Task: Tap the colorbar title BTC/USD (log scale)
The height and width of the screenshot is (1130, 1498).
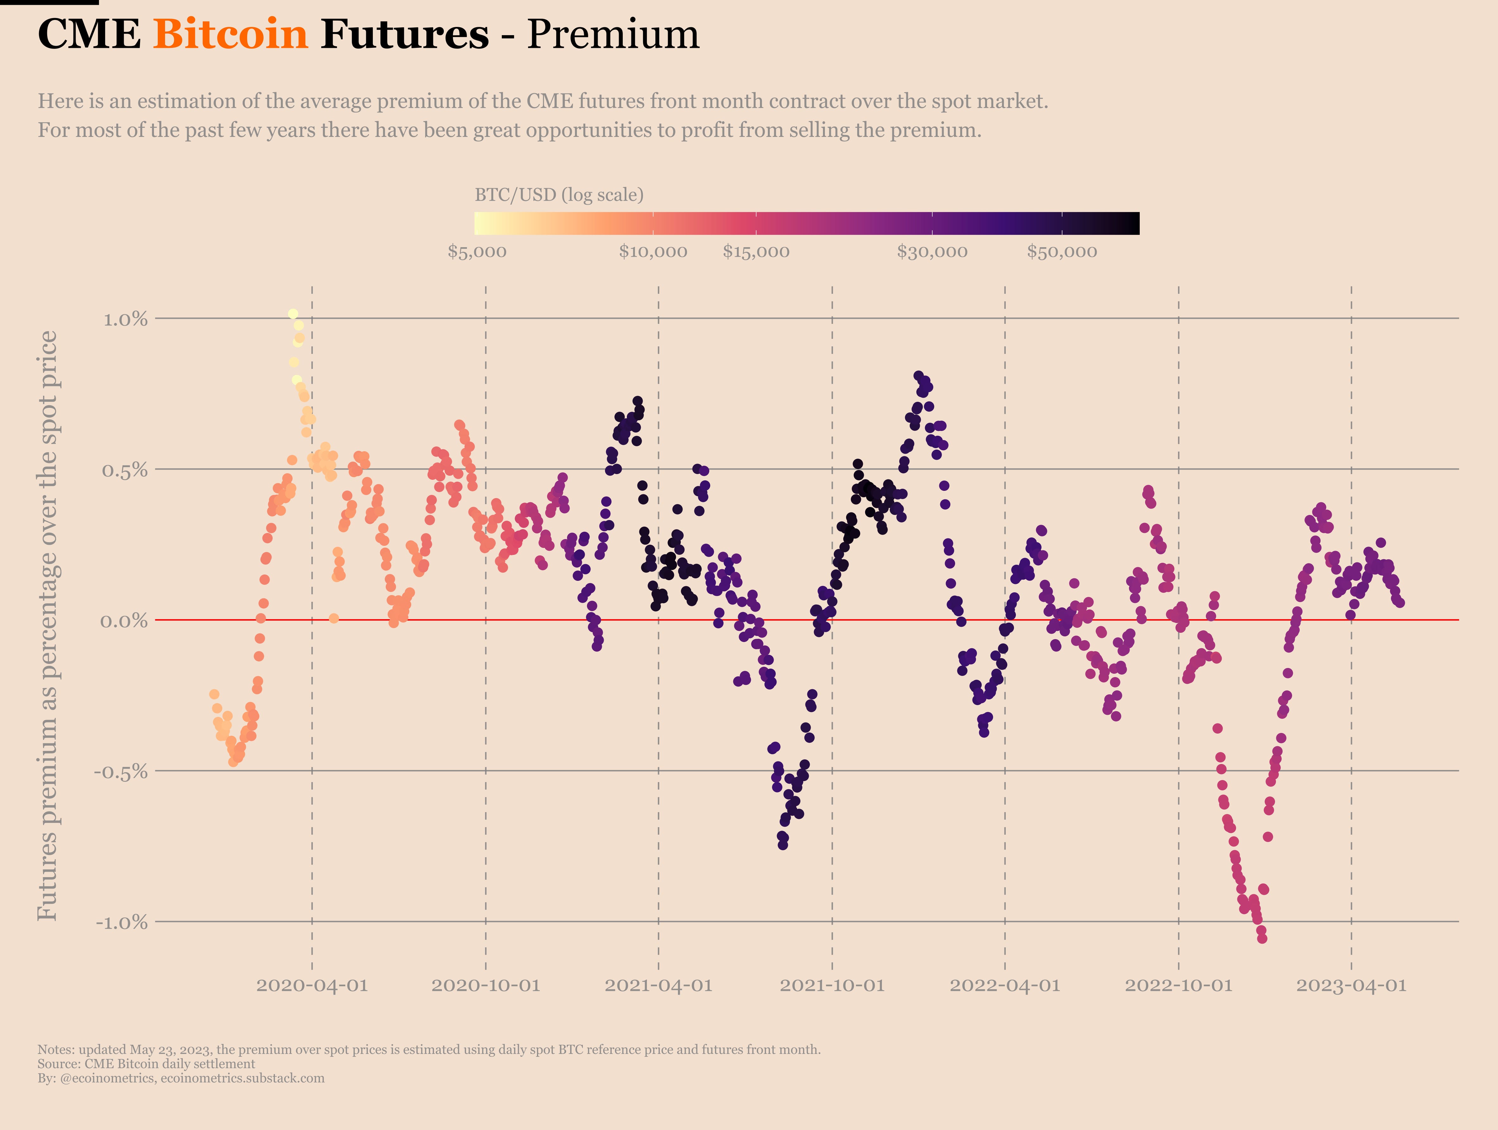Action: point(559,195)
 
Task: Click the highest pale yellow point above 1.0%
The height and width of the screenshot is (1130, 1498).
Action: point(293,314)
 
